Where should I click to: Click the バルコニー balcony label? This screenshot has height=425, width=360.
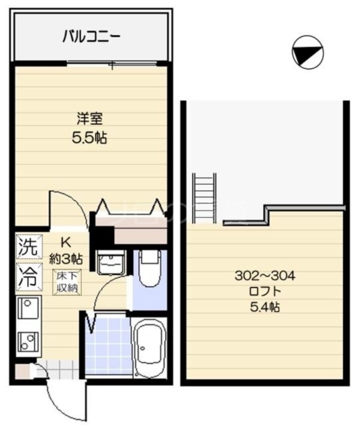coord(91,37)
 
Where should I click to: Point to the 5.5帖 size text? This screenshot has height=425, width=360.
coord(89,138)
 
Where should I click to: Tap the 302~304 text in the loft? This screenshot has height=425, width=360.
coord(264,276)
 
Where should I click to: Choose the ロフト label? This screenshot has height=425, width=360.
coord(264,291)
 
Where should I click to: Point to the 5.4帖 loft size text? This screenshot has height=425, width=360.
coord(264,307)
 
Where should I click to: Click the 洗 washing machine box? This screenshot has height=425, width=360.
coord(27,246)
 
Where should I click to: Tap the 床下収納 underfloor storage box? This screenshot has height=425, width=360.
coord(67,282)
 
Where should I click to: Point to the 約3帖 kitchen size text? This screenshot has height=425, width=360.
coord(66,259)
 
